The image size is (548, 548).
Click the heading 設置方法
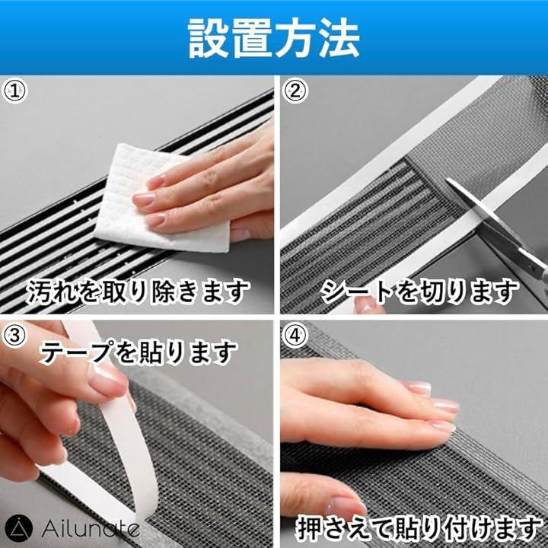(274, 38)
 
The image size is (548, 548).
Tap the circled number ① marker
(14, 91)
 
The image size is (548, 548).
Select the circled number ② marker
(295, 91)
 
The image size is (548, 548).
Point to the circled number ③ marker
(14, 336)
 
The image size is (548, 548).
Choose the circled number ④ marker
(295, 336)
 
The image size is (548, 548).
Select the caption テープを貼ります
(139, 353)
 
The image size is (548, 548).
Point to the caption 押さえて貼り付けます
(418, 528)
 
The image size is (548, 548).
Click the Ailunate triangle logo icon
(19, 528)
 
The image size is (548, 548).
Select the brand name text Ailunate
(91, 529)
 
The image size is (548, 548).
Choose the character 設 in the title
(209, 38)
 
